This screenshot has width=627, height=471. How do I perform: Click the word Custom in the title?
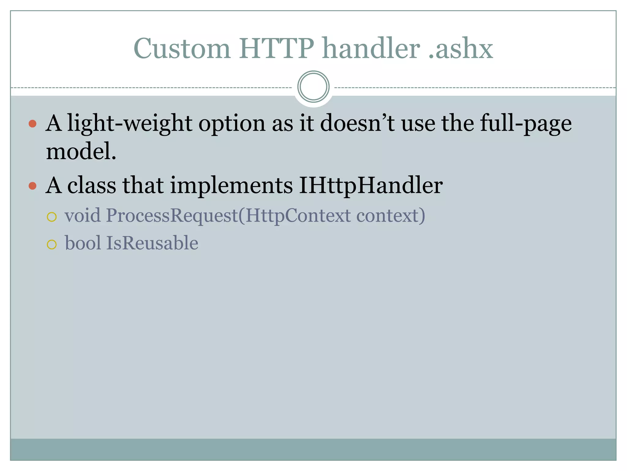pyautogui.click(x=182, y=48)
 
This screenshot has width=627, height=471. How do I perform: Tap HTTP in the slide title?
pyautogui.click(x=276, y=48)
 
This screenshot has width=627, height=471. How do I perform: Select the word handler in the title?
pyautogui.click(x=371, y=48)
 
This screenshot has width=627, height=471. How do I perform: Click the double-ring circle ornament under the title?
pyautogui.click(x=313, y=87)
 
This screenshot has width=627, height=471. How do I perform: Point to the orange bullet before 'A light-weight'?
pyautogui.click(x=32, y=124)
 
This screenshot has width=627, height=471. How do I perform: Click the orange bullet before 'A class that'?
pyautogui.click(x=32, y=186)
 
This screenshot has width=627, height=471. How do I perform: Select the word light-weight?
pyautogui.click(x=130, y=124)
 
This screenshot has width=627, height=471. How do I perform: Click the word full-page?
pyautogui.click(x=525, y=124)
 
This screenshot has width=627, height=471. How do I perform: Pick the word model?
pyautogui.click(x=81, y=151)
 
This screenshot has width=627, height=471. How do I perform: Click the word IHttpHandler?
pyautogui.click(x=370, y=186)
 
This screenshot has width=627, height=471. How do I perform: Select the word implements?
pyautogui.click(x=231, y=186)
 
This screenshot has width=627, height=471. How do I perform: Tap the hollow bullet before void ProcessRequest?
pyautogui.click(x=52, y=217)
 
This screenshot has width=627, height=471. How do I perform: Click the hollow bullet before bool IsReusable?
pyautogui.click(x=52, y=245)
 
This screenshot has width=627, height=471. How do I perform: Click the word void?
pyautogui.click(x=82, y=215)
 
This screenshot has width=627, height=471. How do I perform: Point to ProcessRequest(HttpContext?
pyautogui.click(x=228, y=216)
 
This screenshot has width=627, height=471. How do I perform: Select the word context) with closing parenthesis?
pyautogui.click(x=391, y=216)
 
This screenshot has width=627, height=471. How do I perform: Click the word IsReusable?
pyautogui.click(x=152, y=243)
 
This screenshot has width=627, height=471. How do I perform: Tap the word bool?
pyautogui.click(x=83, y=243)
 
